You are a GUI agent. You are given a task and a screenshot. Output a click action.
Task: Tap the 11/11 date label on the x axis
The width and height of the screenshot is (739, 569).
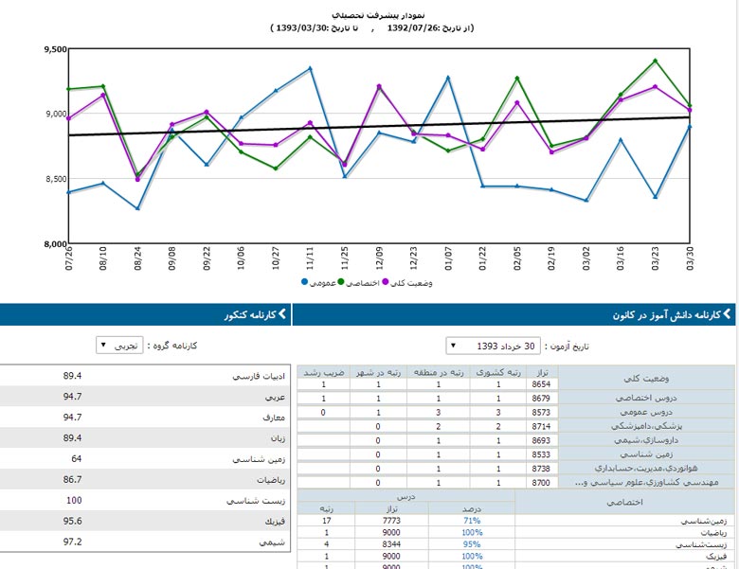coord(309,258)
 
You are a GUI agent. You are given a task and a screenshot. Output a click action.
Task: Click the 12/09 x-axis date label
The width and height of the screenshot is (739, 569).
coord(379,258)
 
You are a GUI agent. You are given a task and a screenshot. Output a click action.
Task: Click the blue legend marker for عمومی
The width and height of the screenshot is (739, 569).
coord(305,282)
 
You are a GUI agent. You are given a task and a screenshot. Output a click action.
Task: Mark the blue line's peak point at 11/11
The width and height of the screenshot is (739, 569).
coord(310,68)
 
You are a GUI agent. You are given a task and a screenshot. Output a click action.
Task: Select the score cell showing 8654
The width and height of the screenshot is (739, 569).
coord(541,385)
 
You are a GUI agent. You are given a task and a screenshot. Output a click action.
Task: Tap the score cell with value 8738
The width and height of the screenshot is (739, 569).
coord(541,469)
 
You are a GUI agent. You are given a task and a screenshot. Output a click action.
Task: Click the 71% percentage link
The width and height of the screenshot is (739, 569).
coord(471,521)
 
